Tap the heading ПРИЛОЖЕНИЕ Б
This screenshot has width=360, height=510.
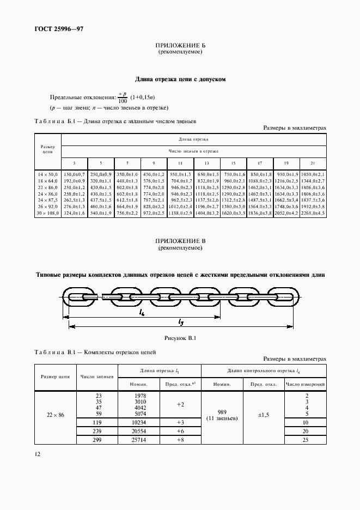point(180,46)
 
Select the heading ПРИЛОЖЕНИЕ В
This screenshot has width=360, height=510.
point(180,241)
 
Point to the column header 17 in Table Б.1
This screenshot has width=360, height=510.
point(260,163)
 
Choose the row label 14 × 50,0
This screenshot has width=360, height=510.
point(47,173)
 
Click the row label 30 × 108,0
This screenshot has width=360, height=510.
point(47,213)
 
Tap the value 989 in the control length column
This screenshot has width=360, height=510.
point(222,411)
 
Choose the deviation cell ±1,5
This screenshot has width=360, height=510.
point(264,415)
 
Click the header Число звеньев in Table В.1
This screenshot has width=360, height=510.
point(97,377)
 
